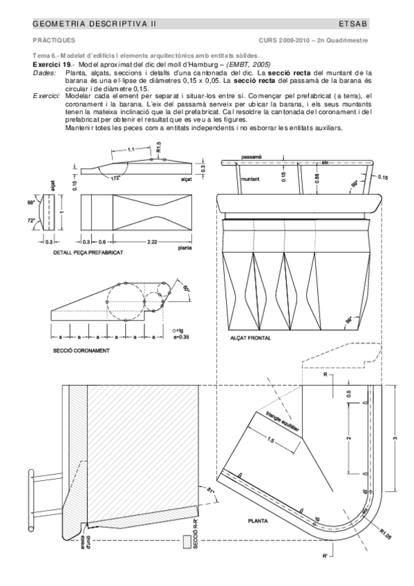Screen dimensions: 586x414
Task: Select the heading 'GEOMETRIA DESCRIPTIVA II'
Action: coord(95,23)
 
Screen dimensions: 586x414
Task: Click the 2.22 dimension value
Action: coord(146,242)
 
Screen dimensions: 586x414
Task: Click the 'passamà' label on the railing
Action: coord(252,158)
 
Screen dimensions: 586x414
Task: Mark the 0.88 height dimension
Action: coord(317,177)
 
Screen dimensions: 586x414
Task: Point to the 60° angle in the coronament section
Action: coord(186,287)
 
